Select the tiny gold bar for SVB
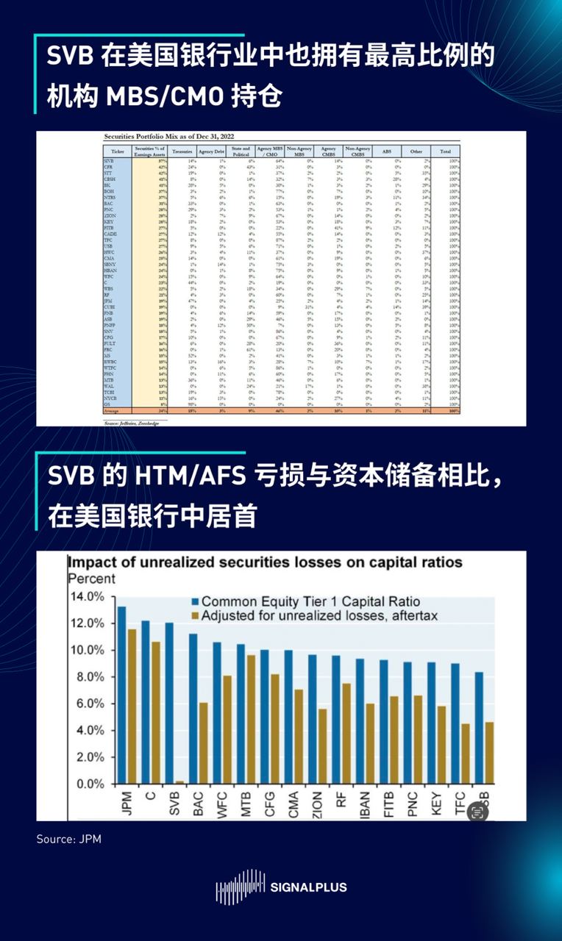click(180, 782)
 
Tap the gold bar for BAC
click(204, 743)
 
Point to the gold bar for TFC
click(465, 754)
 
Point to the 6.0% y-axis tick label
click(88, 704)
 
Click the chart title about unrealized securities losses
click(265, 562)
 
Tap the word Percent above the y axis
click(92, 579)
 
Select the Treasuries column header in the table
click(182, 151)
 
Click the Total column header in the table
click(446, 151)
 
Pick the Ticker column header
click(117, 151)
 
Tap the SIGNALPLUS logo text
click(308, 887)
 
